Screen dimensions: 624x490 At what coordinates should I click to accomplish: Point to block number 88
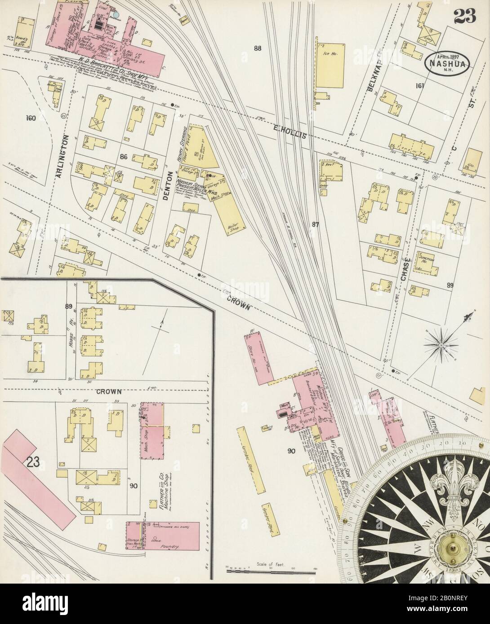pyautogui.click(x=258, y=48)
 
